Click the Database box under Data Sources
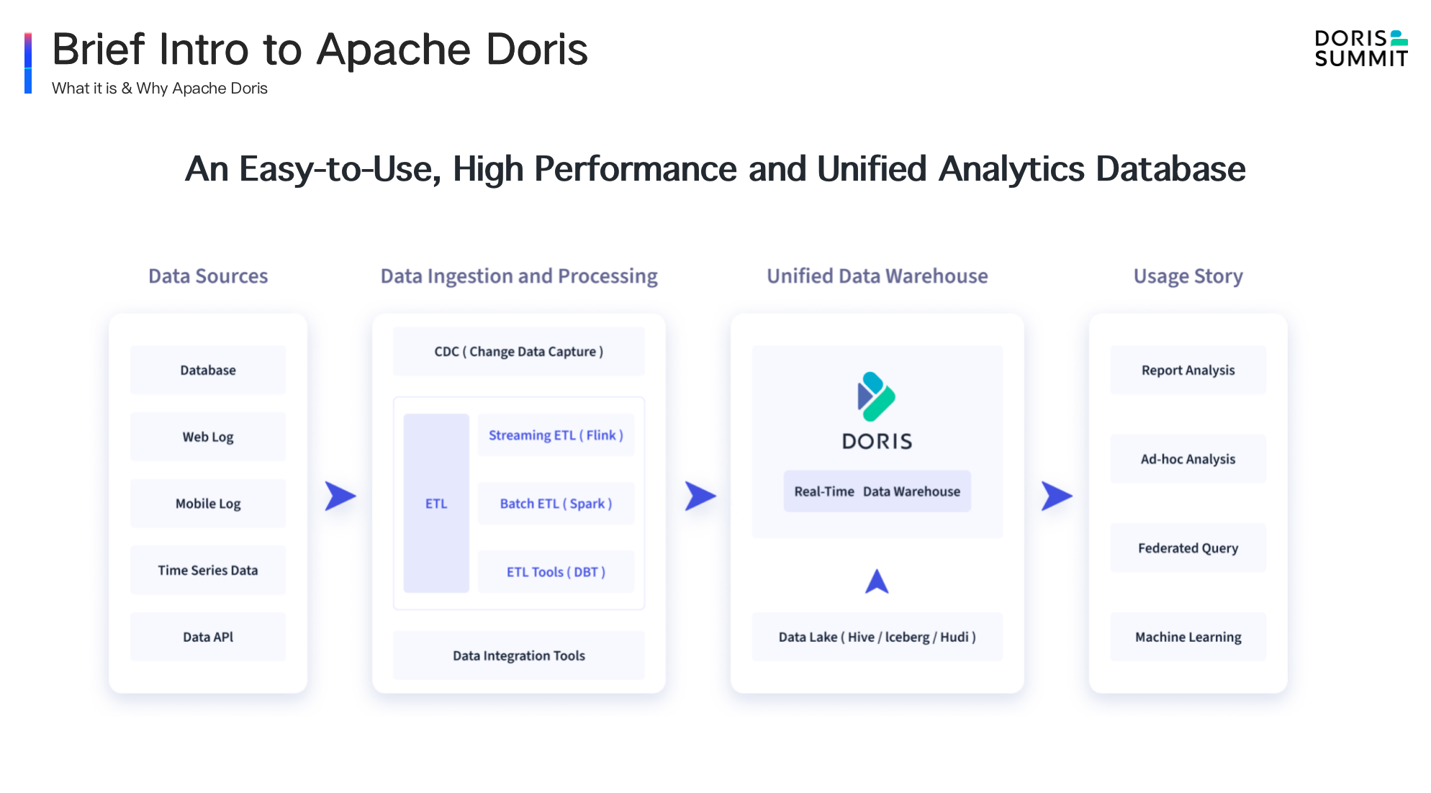[x=208, y=370]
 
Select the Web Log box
[x=208, y=437]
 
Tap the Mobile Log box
[x=208, y=504]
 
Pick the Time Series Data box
[x=208, y=570]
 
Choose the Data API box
[x=208, y=637]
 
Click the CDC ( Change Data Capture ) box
[x=518, y=352]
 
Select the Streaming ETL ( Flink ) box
[x=556, y=435]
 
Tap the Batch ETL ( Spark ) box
[x=556, y=504]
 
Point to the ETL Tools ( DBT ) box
[x=556, y=572]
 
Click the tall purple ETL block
[x=436, y=503]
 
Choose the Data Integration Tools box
[x=518, y=656]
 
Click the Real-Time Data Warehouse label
[x=877, y=491]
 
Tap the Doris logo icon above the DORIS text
[x=876, y=396]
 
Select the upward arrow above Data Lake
[x=877, y=581]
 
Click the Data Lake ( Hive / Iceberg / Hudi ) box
[x=877, y=637]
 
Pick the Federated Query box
[x=1188, y=548]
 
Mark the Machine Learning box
[x=1188, y=637]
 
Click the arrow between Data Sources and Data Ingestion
[x=340, y=496]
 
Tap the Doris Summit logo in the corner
[x=1360, y=49]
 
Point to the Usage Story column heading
[x=1188, y=276]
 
